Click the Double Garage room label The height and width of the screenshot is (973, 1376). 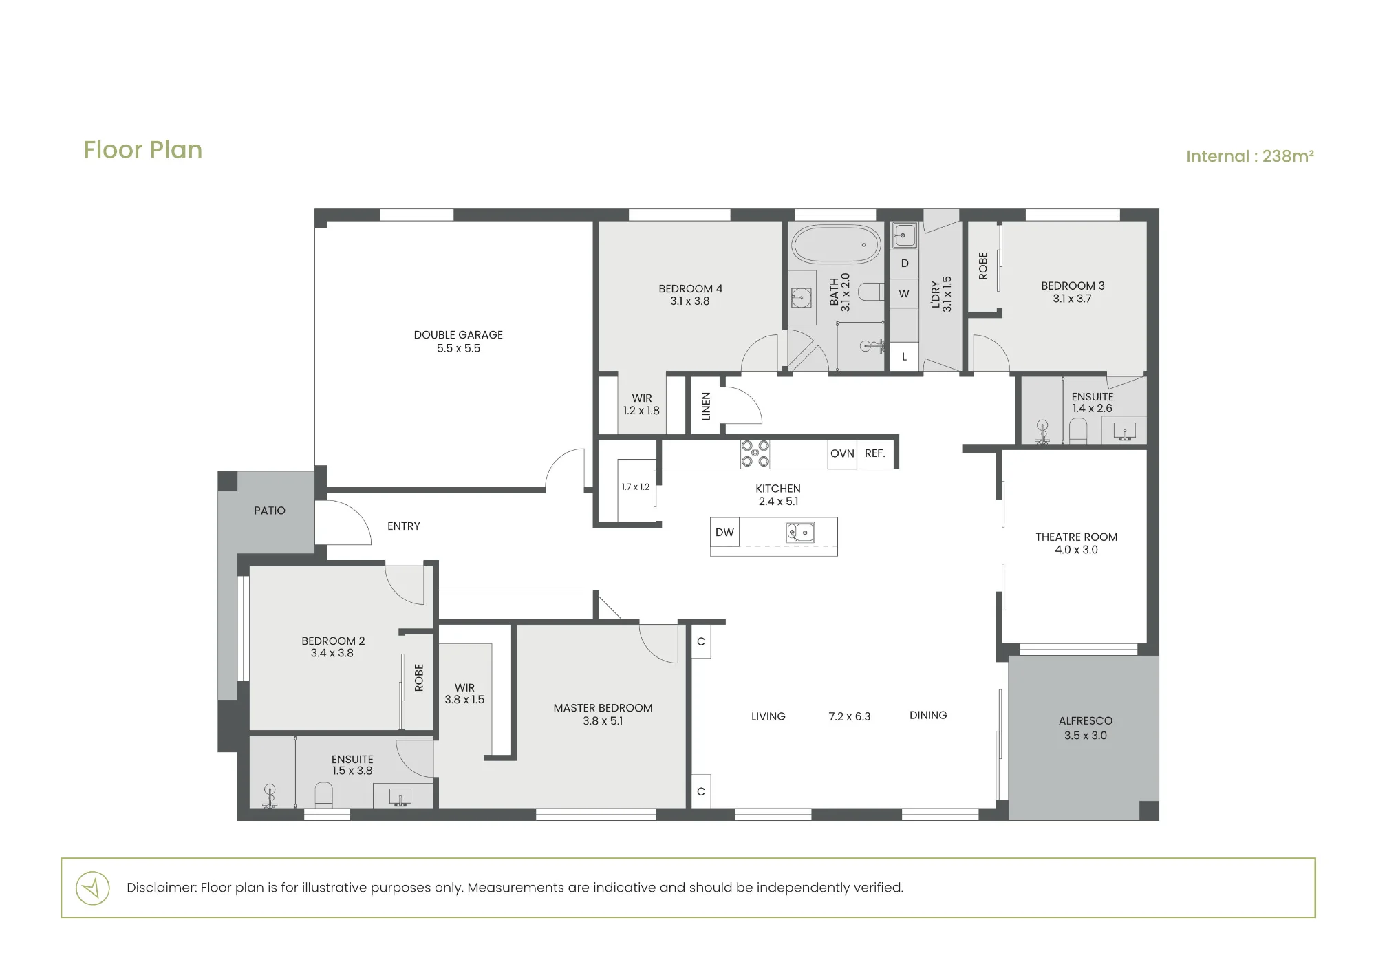(x=458, y=341)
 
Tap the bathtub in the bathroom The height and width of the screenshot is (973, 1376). (x=835, y=244)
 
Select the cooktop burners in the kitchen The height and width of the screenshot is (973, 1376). (x=755, y=453)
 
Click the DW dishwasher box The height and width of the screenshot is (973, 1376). (x=724, y=532)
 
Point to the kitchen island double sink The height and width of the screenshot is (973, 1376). (x=800, y=532)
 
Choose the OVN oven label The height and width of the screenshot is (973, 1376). (x=842, y=453)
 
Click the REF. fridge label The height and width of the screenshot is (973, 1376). (x=874, y=453)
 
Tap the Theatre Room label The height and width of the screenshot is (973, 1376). (x=1076, y=543)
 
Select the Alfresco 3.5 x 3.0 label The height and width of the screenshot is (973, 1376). (x=1086, y=728)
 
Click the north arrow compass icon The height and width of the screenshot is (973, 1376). (x=93, y=888)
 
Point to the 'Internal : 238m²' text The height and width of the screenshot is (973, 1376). (x=1250, y=156)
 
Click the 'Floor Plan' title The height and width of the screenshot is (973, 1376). (x=143, y=150)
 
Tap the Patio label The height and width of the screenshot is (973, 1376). (x=270, y=511)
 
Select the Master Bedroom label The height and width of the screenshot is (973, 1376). (x=603, y=714)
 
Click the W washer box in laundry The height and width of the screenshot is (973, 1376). (x=904, y=293)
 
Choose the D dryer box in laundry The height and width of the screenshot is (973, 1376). (x=905, y=264)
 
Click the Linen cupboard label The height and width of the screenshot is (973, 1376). (x=705, y=406)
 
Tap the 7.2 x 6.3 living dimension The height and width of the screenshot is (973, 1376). (x=850, y=716)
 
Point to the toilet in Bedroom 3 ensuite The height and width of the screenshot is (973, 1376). (x=1078, y=431)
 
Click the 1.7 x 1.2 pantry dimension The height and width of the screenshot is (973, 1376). (x=635, y=487)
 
